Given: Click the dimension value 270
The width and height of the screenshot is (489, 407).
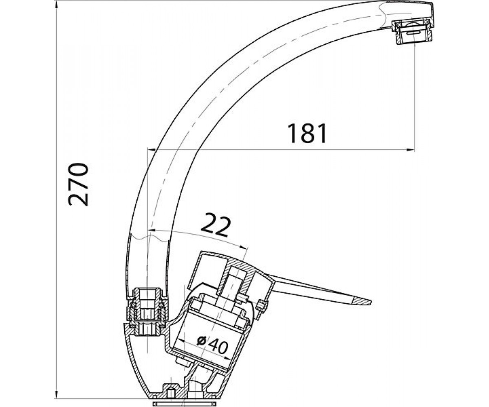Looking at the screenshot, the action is click(x=78, y=185).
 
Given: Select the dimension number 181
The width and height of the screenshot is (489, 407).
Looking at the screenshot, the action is click(x=307, y=133).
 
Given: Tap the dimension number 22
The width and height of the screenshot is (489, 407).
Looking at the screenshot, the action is click(x=214, y=225).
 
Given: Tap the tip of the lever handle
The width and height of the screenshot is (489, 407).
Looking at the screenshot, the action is click(x=371, y=302).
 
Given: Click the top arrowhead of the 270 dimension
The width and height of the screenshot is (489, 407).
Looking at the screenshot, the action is click(x=57, y=5).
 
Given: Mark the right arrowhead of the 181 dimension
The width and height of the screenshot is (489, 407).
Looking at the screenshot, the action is click(x=410, y=150).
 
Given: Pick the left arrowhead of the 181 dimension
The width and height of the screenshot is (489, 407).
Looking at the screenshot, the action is click(x=151, y=150).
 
